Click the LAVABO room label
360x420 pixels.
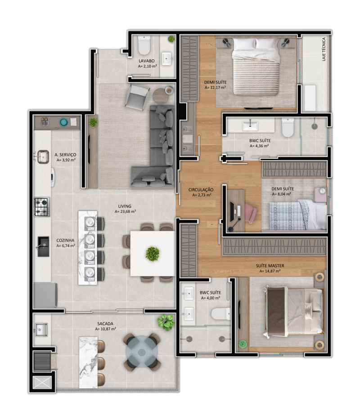tap(147, 60)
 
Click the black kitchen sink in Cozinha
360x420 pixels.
tap(44, 246)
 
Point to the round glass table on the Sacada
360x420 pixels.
tap(141, 351)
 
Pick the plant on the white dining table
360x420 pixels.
tap(152, 253)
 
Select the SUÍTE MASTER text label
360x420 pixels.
tap(270, 266)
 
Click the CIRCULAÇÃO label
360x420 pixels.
tap(201, 190)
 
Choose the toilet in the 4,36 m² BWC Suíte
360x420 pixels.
tap(288, 128)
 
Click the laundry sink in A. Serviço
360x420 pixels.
tap(43, 156)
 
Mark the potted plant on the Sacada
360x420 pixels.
tap(166, 322)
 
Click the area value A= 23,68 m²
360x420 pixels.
tap(125, 211)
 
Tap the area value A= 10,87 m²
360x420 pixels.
tap(105, 329)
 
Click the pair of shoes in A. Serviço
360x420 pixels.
tap(44, 121)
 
